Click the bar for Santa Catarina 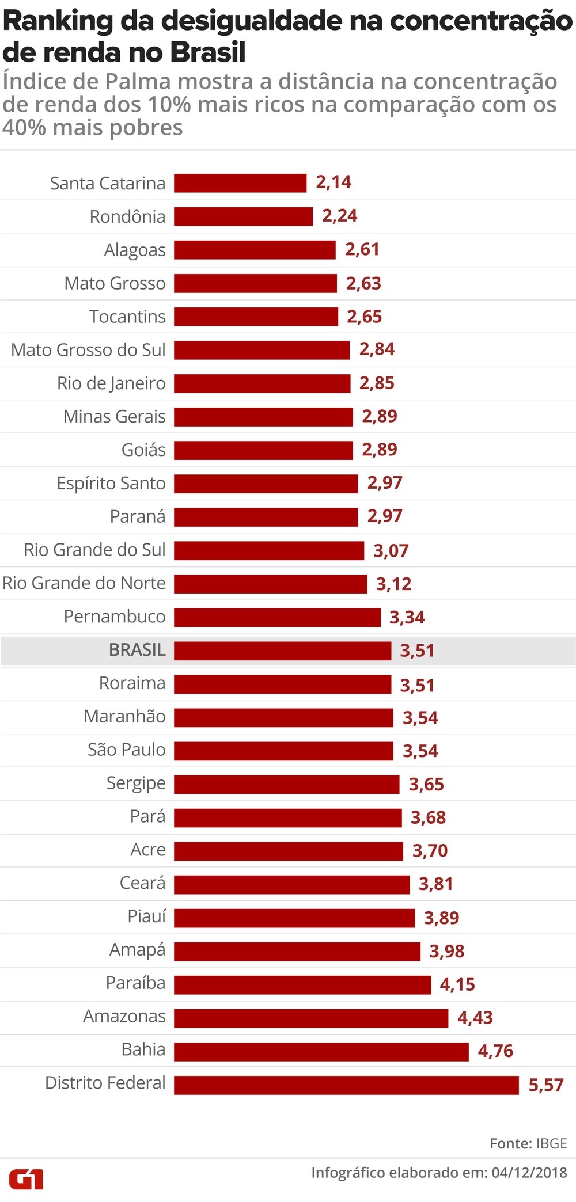tap(240, 183)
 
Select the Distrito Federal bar tap(346, 1085)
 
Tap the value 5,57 tap(545, 1085)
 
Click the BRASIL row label tap(137, 650)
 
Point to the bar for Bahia tap(321, 1051)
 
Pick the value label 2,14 tap(334, 182)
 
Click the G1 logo tap(26, 1178)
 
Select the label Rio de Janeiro tap(111, 383)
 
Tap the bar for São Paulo tap(283, 751)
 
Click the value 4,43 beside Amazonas tap(475, 1017)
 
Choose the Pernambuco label tap(115, 617)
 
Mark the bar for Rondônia tap(243, 216)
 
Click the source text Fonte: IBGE tap(528, 1143)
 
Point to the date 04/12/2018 tap(529, 1173)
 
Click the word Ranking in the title tap(58, 22)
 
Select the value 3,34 tap(407, 617)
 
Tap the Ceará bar tap(292, 884)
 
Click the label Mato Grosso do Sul tap(88, 349)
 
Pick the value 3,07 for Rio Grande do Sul tap(391, 551)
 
